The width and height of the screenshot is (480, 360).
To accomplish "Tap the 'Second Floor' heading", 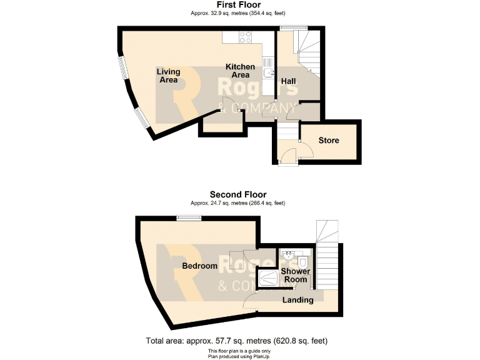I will [237, 194].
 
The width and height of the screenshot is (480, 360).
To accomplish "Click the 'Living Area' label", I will [168, 76].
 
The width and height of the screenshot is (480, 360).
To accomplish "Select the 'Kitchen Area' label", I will [240, 71].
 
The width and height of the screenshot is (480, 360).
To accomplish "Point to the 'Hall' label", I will [288, 82].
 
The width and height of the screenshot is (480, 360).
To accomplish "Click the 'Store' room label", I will [329, 140].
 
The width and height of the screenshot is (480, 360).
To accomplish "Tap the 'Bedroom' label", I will [199, 266].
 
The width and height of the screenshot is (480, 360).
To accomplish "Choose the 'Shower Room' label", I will [295, 276].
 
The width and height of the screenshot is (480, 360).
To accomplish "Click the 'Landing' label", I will [297, 300].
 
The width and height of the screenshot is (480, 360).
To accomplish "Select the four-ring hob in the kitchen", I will [245, 37].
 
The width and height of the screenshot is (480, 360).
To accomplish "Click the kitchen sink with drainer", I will [267, 69].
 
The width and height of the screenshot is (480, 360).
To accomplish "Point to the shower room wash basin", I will [289, 256].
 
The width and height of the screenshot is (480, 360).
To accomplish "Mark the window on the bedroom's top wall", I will [188, 218].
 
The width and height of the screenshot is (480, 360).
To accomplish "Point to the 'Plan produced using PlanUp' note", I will [237, 356].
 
